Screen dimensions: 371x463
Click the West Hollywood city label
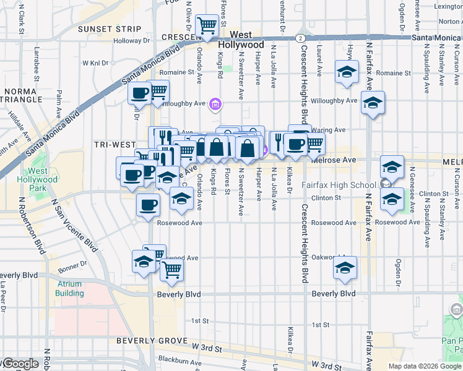pyautogui.click(x=246, y=40)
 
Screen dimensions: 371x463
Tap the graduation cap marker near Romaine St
pyautogui.click(x=347, y=72)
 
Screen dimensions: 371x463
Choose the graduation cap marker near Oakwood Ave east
pyautogui.click(x=345, y=268)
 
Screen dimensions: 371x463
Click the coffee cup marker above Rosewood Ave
pyautogui.click(x=147, y=205)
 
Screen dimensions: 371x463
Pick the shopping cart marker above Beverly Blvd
pyautogui.click(x=171, y=270)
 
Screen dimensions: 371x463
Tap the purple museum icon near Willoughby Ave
pyautogui.click(x=215, y=104)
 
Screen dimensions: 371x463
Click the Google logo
pyautogui.click(x=20, y=364)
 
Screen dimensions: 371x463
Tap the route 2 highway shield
pyautogui.click(x=300, y=38)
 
